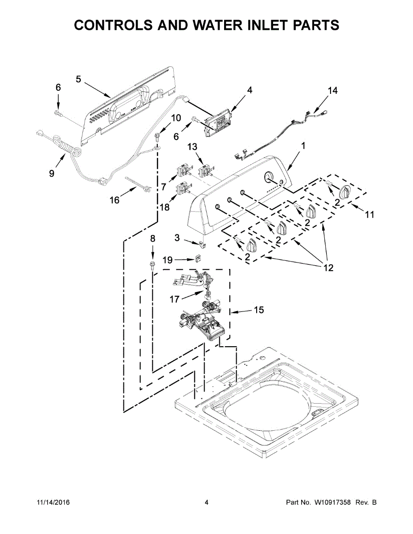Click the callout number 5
[x=78, y=79]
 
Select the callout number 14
[x=332, y=91]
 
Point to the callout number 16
[x=114, y=200]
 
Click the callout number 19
[x=167, y=259]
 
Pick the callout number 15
[x=259, y=310]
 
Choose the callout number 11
[x=369, y=215]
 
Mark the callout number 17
[x=174, y=299]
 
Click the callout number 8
[x=153, y=239]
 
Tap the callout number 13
[x=192, y=146]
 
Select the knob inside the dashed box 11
[x=343, y=192]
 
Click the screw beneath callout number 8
[x=153, y=266]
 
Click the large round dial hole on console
[x=269, y=177]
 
